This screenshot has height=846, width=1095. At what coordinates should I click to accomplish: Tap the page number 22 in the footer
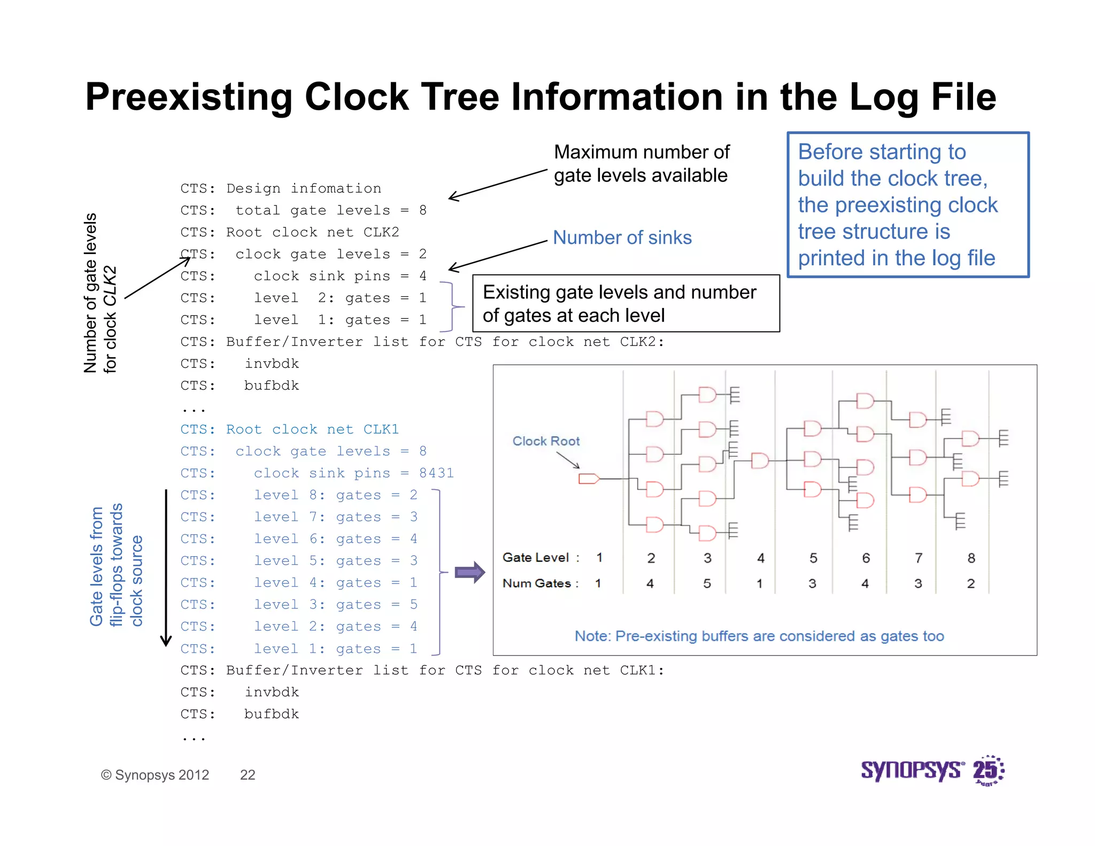coord(248,775)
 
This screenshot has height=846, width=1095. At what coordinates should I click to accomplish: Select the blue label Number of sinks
coord(622,237)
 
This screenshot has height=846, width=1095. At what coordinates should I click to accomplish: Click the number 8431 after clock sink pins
coord(436,473)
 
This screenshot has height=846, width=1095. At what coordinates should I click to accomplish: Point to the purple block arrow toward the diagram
coord(469,573)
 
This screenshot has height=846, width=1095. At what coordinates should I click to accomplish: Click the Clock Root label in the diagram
coord(546,441)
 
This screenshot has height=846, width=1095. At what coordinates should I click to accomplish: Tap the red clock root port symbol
coord(589,479)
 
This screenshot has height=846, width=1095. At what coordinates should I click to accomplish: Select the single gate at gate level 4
coord(759,460)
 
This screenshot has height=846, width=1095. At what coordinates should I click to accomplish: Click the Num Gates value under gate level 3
coord(707,583)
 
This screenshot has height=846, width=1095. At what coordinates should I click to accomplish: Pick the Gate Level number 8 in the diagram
coord(971,558)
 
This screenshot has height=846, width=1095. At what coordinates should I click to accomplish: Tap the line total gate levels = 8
coord(330,211)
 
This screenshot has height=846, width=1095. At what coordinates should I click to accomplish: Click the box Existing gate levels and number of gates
coord(626,304)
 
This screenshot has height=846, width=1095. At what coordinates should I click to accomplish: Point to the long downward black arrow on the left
coord(166,567)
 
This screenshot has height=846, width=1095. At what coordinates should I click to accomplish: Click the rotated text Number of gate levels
coord(91,293)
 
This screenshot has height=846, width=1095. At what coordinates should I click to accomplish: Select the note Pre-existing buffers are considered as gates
coord(759,636)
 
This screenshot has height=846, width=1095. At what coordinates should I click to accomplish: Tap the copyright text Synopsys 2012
coord(155,775)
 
